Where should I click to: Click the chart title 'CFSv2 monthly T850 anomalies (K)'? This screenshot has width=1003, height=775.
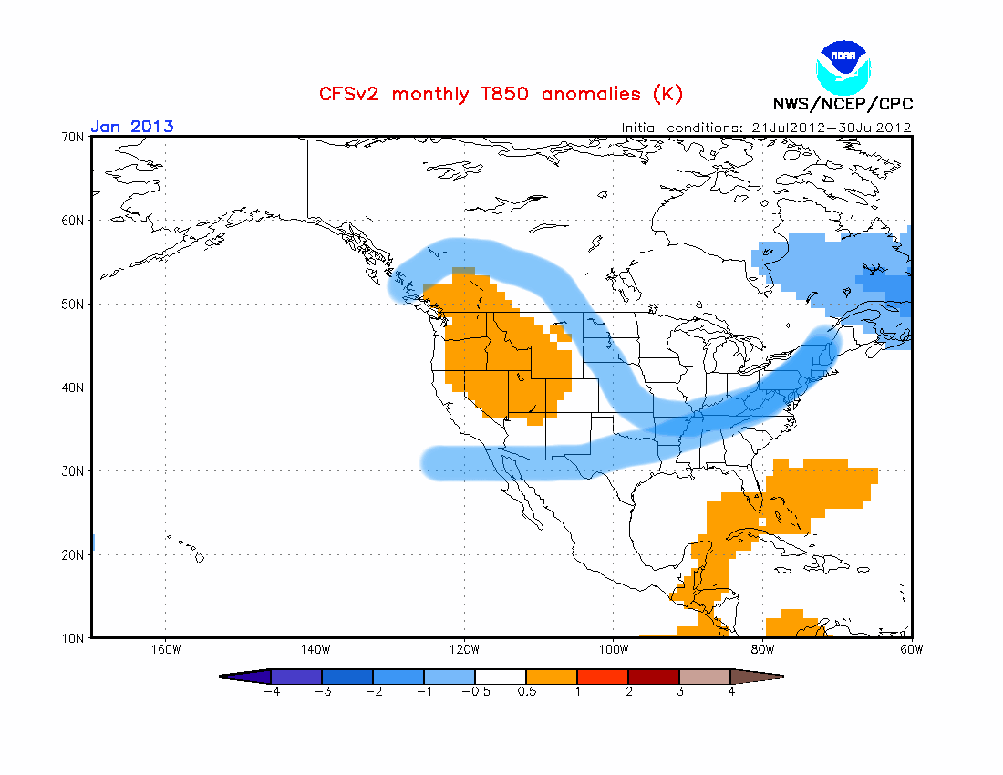501,94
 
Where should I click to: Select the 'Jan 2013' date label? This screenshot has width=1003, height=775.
132,126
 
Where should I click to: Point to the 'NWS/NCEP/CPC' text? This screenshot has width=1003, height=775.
843,104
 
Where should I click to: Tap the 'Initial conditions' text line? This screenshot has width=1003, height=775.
766,128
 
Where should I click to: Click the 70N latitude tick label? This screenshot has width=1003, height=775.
73,137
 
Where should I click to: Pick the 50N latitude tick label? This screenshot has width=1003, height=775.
73,304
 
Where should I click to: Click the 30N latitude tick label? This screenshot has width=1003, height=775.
73,470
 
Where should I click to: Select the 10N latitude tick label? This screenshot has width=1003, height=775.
73,637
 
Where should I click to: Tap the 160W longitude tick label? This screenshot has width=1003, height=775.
166,649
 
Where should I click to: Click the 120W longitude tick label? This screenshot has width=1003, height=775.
464,649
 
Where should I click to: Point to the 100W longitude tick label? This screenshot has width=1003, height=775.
614,649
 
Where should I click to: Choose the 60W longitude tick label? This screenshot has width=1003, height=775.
911,649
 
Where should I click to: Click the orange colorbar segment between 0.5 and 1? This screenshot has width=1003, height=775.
552,677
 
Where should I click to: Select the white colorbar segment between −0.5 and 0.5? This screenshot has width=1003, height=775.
501,677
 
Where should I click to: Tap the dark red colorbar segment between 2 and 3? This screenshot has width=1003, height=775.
654,677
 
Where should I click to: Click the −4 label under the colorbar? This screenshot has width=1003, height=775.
270,692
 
